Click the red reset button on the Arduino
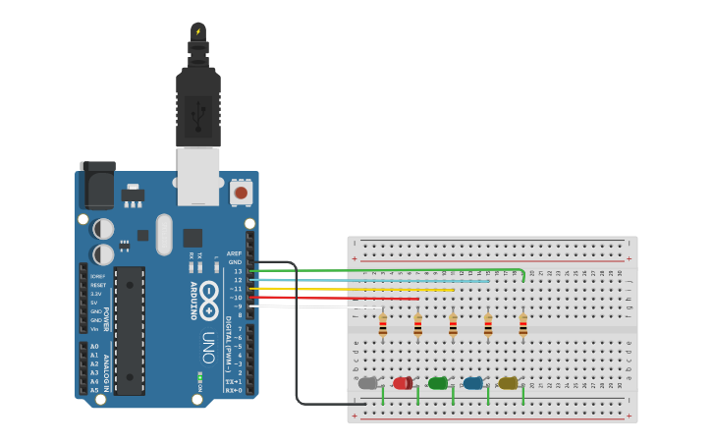pos(241,193)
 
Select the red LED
pos(403,383)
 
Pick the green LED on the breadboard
pos(438,383)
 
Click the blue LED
pos(473,383)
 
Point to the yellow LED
pos(508,383)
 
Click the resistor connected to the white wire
pos(383,325)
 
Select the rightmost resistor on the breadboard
pos(522,325)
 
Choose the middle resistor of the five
pos(453,325)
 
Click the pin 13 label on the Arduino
pos(238,271)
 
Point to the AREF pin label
pos(234,253)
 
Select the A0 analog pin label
pos(94,347)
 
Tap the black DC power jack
pos(97,185)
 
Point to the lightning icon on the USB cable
pos(198,31)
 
